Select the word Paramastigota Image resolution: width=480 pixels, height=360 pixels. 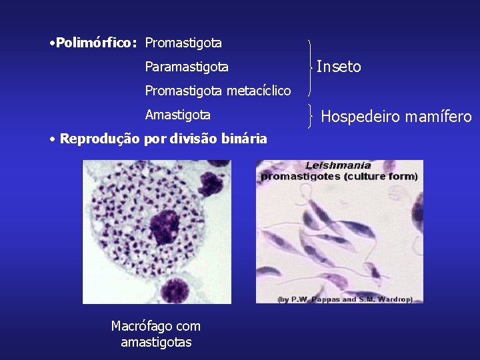point(187,67)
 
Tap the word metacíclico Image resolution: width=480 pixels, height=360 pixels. point(259,91)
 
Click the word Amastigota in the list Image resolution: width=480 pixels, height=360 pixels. point(177,115)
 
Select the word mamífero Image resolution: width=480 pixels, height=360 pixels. point(442,117)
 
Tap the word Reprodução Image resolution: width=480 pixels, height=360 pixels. point(100,139)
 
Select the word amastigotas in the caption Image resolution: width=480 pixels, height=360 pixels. point(156,342)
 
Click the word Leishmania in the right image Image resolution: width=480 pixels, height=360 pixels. point(339,165)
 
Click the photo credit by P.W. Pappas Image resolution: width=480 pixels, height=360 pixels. point(345,299)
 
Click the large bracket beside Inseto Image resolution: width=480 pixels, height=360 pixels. point(310,67)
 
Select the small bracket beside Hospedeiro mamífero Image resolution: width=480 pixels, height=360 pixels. point(312,116)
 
